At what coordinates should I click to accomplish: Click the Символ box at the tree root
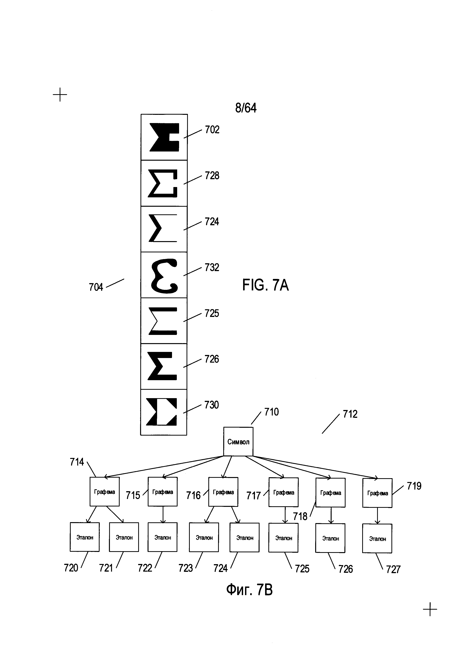click(238, 442)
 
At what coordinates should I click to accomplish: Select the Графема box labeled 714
click(105, 492)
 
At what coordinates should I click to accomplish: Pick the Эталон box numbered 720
click(85, 537)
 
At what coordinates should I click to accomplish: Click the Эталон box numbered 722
click(163, 537)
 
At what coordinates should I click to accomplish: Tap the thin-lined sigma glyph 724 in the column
click(163, 228)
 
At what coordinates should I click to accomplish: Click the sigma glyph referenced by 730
click(161, 412)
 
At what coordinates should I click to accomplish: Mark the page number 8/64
click(246, 108)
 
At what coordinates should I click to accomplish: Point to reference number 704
click(96, 287)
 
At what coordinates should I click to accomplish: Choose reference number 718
click(300, 517)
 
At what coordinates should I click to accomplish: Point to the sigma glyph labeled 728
click(163, 183)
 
